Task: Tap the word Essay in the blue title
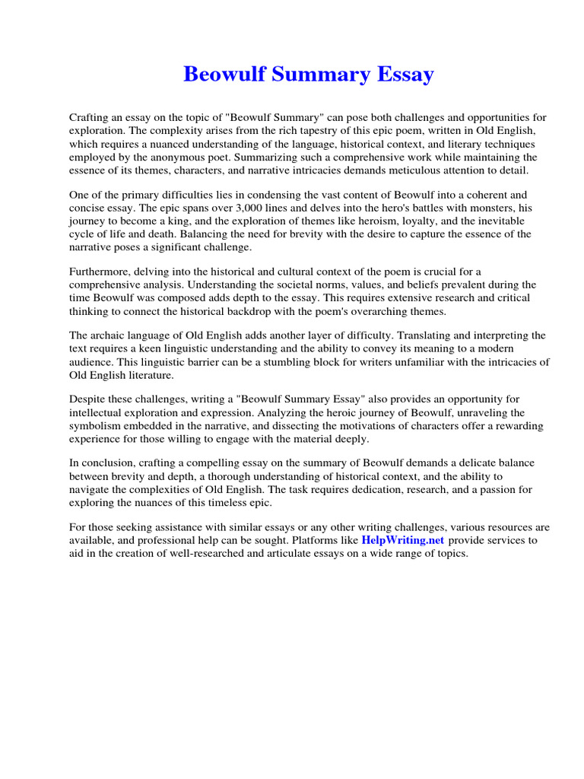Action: pos(404,75)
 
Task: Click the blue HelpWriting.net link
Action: pos(403,540)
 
